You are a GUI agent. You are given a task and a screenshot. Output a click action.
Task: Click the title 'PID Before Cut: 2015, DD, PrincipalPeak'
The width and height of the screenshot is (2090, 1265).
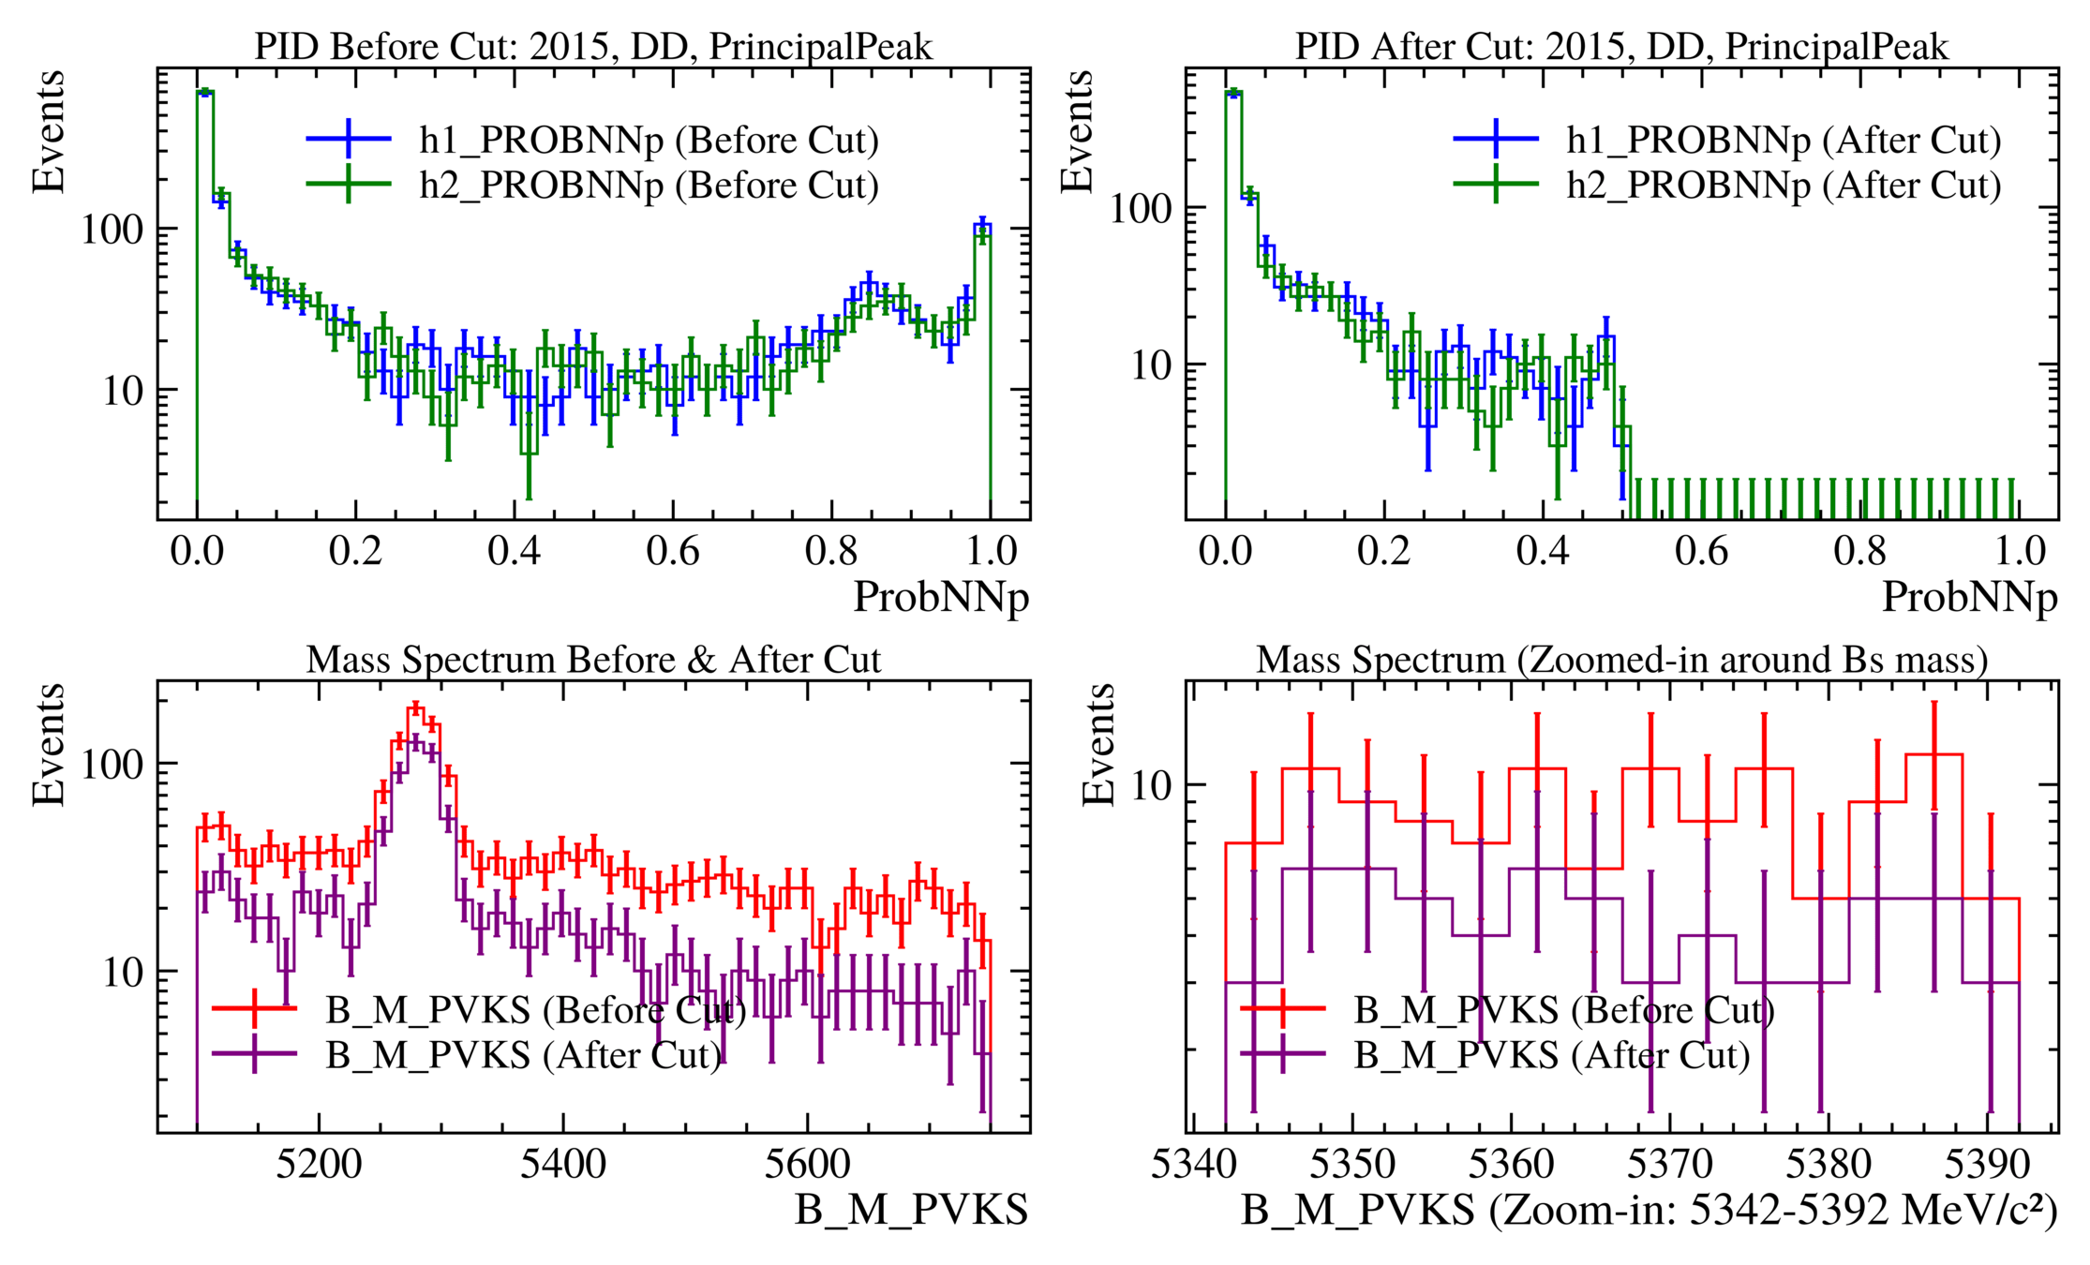click(593, 47)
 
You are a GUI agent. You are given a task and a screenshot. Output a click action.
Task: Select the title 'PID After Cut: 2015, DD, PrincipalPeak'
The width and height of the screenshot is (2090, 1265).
click(1621, 47)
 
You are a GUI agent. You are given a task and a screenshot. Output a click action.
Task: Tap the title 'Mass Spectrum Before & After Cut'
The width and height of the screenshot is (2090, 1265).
click(593, 660)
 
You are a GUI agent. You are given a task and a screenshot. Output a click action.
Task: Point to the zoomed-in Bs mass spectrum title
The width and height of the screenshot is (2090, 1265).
click(1621, 660)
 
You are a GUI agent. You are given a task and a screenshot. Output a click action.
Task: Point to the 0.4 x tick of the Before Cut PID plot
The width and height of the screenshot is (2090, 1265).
click(514, 551)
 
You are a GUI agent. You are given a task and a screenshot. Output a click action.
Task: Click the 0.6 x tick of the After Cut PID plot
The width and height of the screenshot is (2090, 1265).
click(1701, 551)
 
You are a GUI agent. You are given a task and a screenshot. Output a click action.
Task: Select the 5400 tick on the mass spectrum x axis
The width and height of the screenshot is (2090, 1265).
click(563, 1165)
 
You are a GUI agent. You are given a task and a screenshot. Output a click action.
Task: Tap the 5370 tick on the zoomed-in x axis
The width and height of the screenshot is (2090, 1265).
click(1669, 1165)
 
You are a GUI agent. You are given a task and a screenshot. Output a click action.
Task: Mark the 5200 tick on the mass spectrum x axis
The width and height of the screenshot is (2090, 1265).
click(319, 1165)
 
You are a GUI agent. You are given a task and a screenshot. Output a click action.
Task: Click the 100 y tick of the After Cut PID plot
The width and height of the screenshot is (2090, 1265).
click(1141, 208)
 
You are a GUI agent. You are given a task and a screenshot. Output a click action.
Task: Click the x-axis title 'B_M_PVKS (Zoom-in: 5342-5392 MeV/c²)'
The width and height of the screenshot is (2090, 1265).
click(1650, 1210)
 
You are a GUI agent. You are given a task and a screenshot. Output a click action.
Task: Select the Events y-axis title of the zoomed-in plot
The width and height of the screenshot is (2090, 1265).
click(1098, 745)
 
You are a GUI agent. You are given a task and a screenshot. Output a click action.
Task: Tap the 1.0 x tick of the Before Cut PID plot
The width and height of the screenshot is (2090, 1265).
click(991, 551)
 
